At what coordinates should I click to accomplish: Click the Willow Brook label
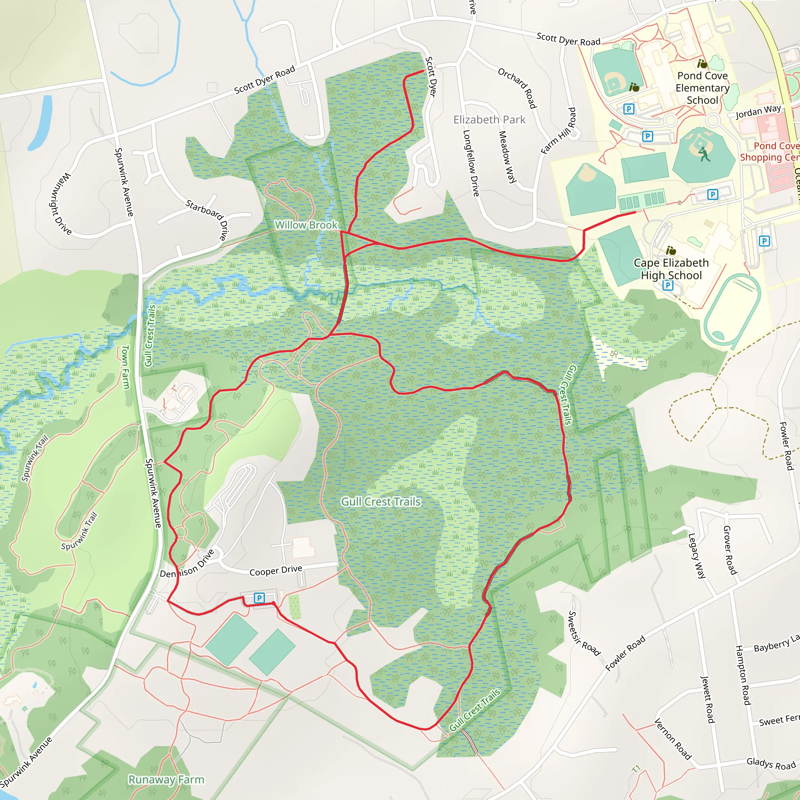point(306,225)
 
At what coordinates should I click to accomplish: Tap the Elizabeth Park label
point(489,120)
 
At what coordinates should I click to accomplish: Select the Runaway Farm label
point(166,779)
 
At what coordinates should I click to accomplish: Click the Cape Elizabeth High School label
point(671,269)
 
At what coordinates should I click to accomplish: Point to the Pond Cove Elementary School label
point(702,88)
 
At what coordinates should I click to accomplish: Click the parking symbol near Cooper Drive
point(259,598)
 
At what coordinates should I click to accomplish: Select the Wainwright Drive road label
point(61,204)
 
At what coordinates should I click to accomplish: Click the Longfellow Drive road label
point(471,163)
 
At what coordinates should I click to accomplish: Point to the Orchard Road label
point(517,88)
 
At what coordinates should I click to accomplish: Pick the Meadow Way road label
point(507,157)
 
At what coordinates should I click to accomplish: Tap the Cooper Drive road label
point(276,571)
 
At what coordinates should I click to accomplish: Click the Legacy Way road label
point(696,555)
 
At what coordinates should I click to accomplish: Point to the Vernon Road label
point(673,739)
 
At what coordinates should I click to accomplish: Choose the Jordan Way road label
point(758,112)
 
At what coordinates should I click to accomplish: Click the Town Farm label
point(125,367)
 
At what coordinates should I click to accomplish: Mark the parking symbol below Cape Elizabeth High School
point(668,285)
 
